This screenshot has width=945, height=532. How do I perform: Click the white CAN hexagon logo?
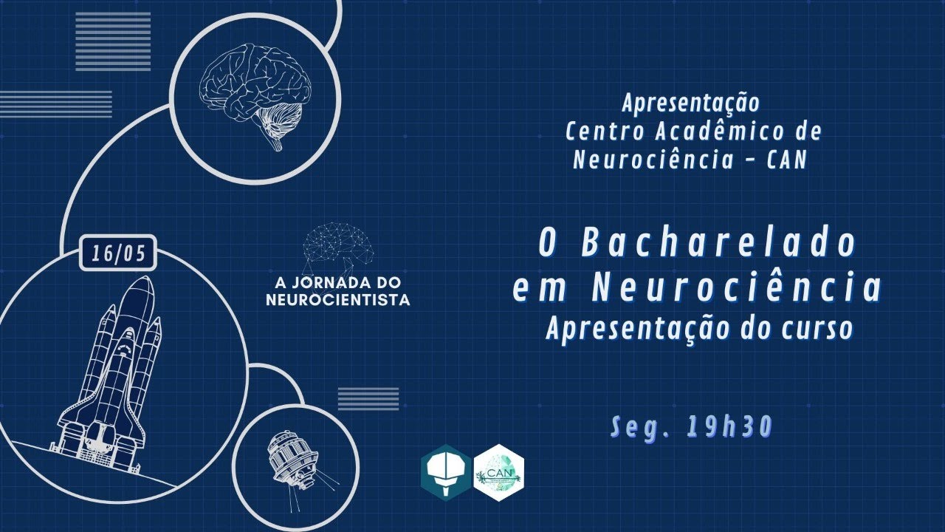click(498, 472)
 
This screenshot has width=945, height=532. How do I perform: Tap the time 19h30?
click(729, 426)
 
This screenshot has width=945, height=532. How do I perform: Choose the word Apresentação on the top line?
click(690, 103)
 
